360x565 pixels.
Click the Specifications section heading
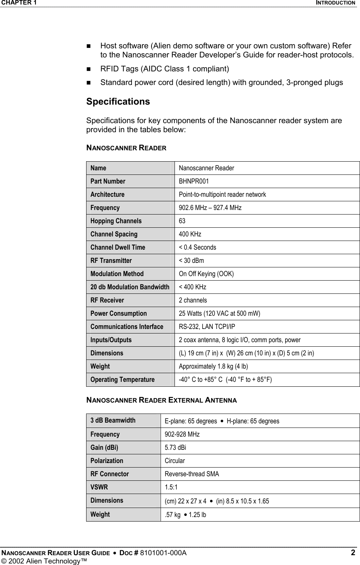[x=118, y=102]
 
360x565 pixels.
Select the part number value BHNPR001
[x=194, y=181]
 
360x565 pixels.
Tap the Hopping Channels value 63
[x=182, y=221]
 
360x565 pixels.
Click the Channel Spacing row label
[x=114, y=234]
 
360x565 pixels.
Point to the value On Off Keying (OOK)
[x=206, y=274]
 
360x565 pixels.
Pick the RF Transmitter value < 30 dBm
[x=191, y=261]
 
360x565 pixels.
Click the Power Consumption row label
[x=118, y=313]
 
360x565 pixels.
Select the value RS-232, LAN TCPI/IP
[x=207, y=327]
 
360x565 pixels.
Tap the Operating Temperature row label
[x=122, y=380]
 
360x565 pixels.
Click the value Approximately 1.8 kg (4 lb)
[x=213, y=366]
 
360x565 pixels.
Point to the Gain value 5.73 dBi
[x=175, y=448]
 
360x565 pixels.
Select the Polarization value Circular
[x=175, y=461]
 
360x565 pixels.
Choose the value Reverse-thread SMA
[x=192, y=474]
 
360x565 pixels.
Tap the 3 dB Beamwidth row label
[x=113, y=420]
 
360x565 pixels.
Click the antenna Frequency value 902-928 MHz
[x=182, y=434]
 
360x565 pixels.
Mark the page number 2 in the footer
[x=353, y=553]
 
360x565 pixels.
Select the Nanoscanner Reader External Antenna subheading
[x=162, y=400]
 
